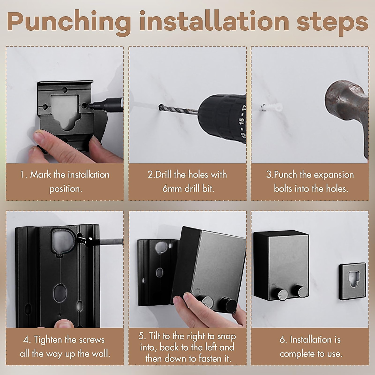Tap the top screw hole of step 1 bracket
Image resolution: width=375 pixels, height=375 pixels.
(x=65, y=90)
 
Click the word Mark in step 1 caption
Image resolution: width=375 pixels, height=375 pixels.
(x=41, y=175)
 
